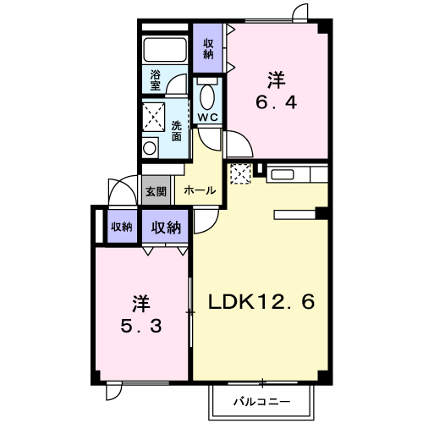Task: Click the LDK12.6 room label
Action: (261, 302)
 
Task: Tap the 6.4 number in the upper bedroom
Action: (277, 102)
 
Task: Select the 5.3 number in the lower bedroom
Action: (141, 327)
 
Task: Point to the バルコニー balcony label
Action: (261, 401)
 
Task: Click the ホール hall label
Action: (200, 191)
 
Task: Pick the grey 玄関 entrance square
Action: (156, 190)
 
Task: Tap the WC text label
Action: (208, 117)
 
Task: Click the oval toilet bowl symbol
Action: (207, 96)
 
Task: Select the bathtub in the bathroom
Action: (165, 50)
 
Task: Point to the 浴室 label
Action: (156, 80)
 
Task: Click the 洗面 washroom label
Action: (177, 131)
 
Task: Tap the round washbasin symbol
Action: (150, 148)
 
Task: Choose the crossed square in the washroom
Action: (153, 117)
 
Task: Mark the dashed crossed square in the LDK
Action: (240, 173)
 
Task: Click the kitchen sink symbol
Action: (283, 174)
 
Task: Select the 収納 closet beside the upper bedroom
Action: (208, 48)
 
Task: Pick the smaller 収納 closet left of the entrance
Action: (122, 226)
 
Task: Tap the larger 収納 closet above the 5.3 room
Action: (166, 227)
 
